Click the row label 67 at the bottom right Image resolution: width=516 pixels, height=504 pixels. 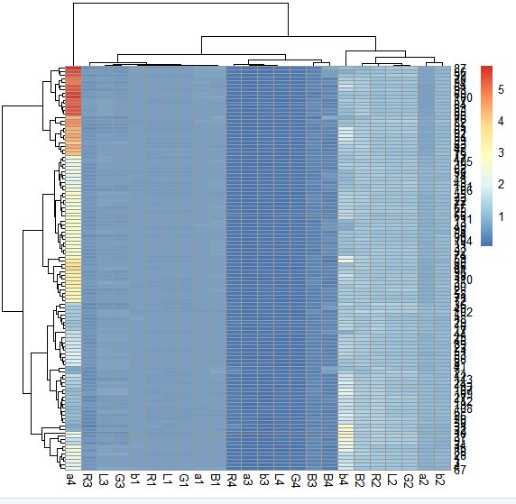pos(459,469)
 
